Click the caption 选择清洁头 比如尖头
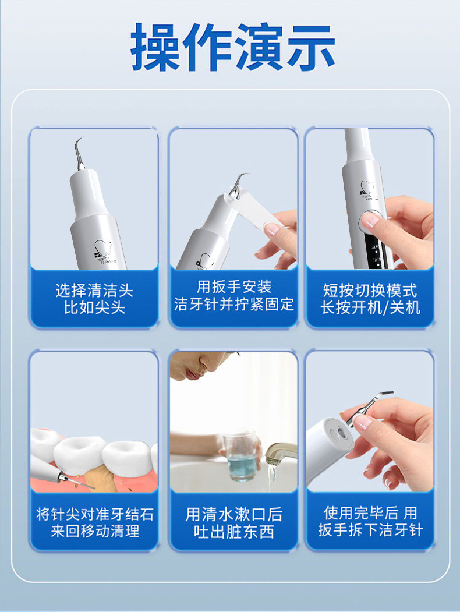[x=94, y=299]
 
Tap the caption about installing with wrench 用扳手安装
[x=233, y=287]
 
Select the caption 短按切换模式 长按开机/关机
[x=370, y=299]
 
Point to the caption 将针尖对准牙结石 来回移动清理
[x=95, y=522]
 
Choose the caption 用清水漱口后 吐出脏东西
[x=233, y=523]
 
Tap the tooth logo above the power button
[x=367, y=188]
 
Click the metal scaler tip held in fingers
[x=368, y=407]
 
